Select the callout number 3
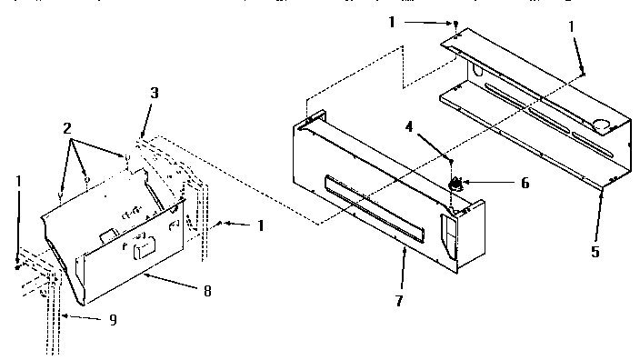pyautogui.click(x=155, y=94)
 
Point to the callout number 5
pyautogui.click(x=595, y=253)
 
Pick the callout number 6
pyautogui.click(x=525, y=182)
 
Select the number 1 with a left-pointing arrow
pyautogui.click(x=260, y=224)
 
